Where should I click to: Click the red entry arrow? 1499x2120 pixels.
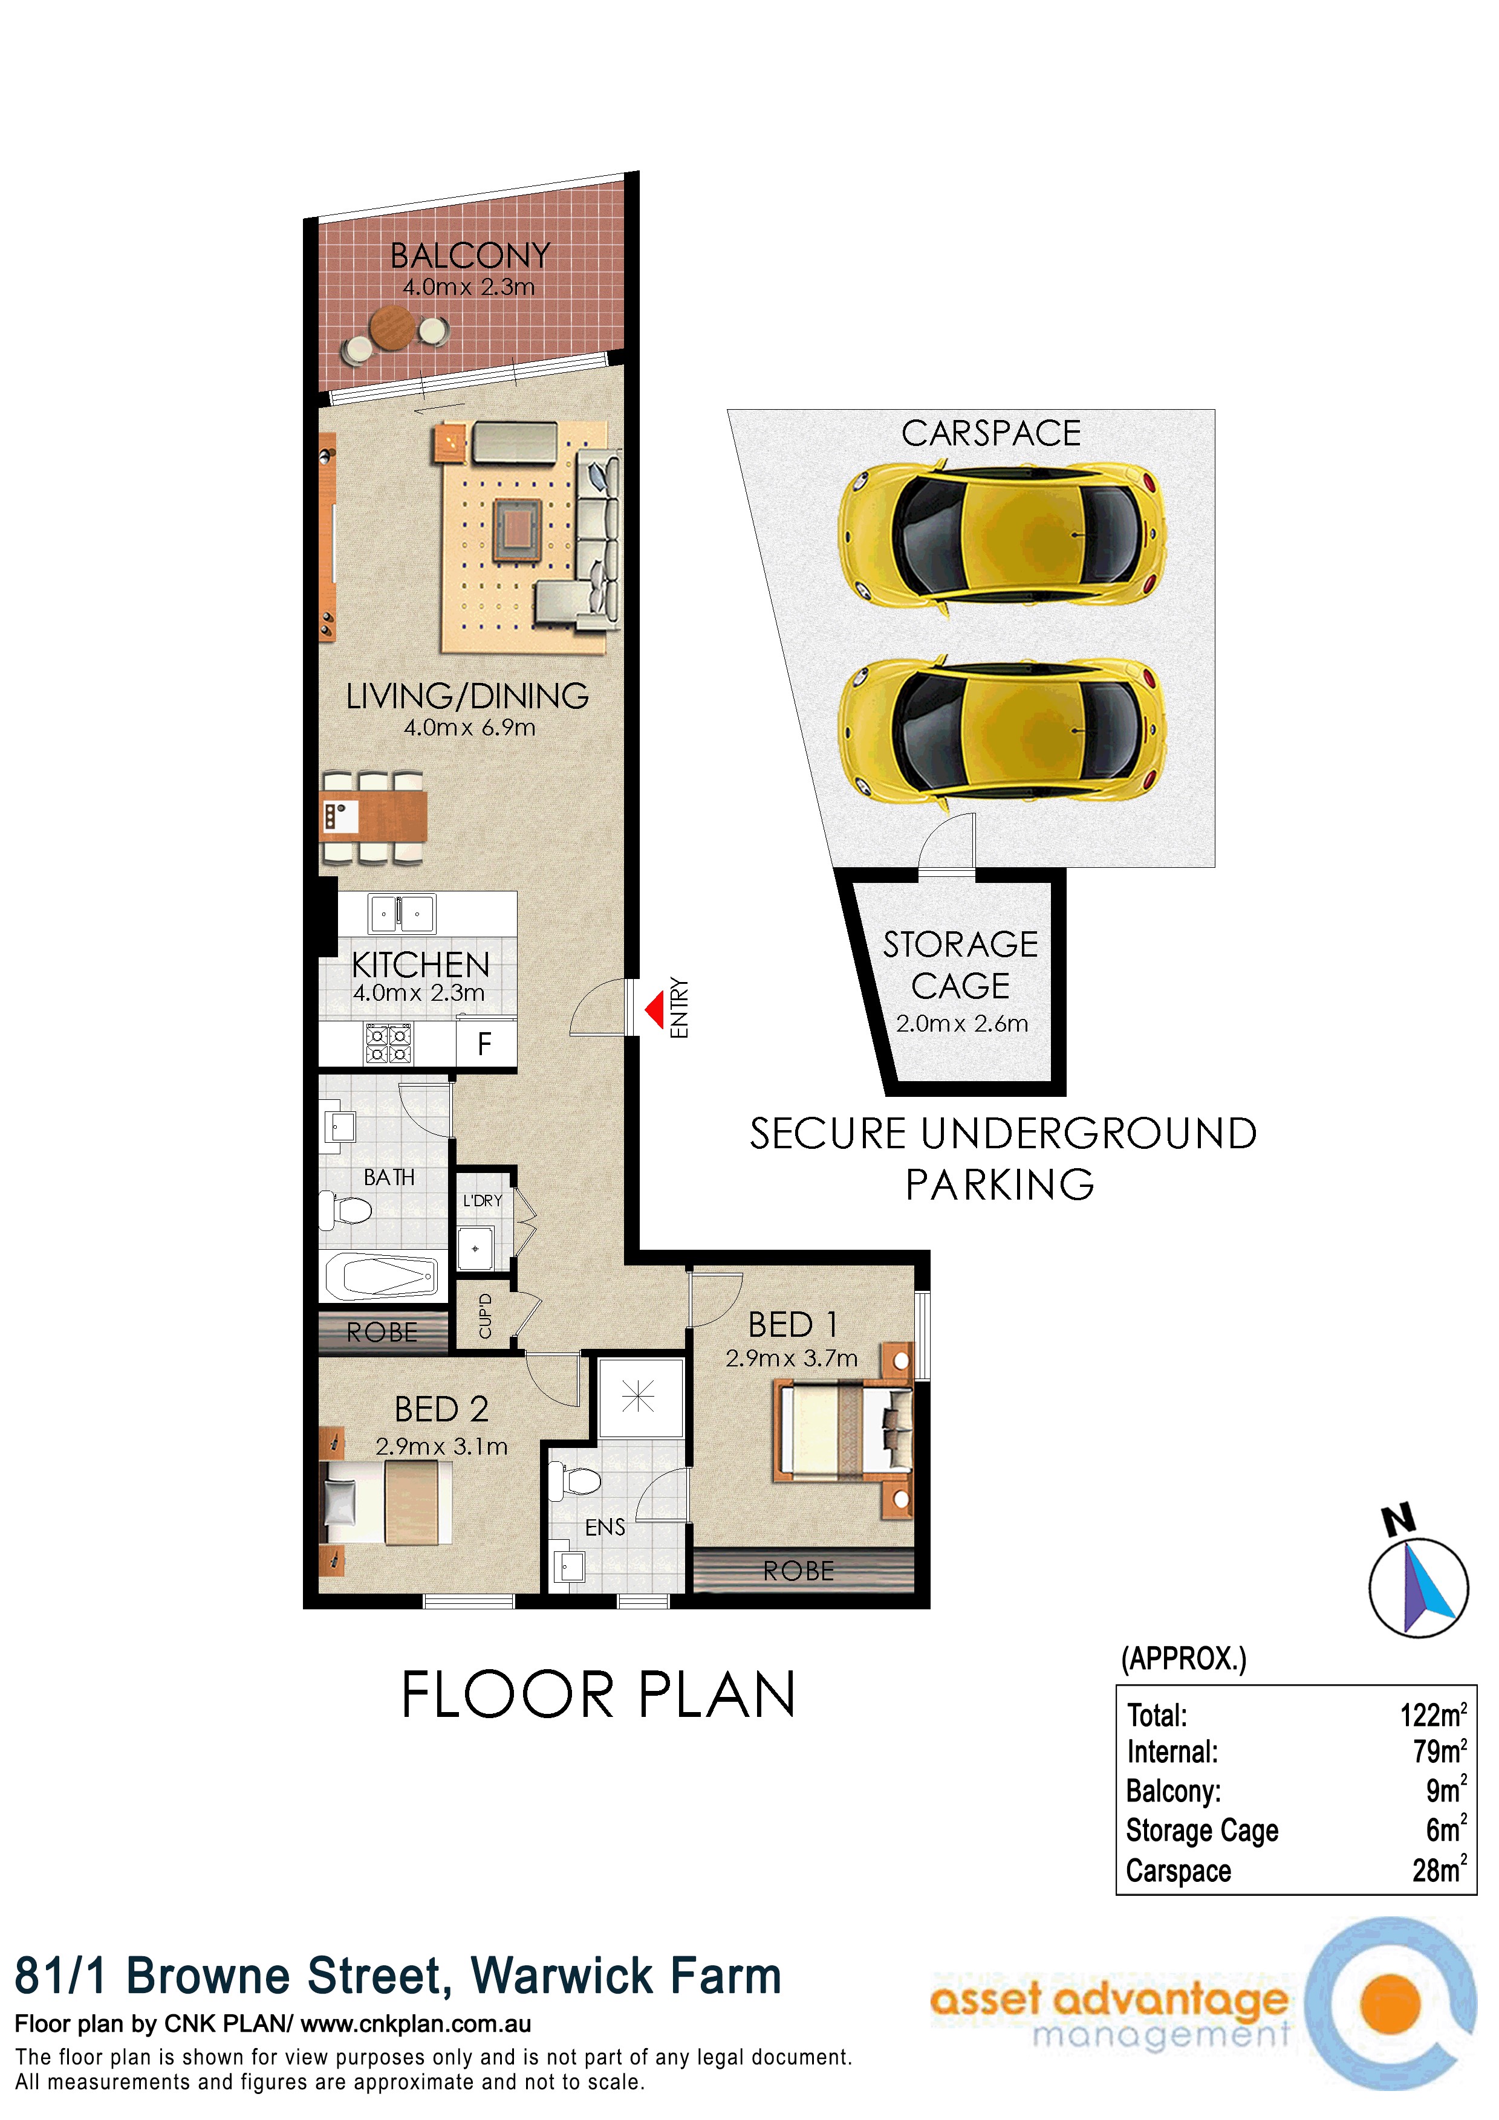coord(655,1009)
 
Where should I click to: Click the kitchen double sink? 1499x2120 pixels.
coord(402,914)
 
